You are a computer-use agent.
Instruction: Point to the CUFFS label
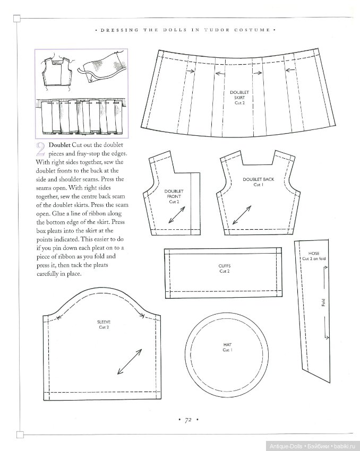[x=225, y=268]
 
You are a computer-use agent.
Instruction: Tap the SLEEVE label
[x=104, y=325]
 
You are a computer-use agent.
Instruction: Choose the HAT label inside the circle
[x=227, y=347]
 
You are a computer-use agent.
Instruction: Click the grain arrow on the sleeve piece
[x=128, y=363]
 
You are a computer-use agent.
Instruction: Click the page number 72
[x=187, y=420]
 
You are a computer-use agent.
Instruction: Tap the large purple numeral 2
[x=40, y=150]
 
